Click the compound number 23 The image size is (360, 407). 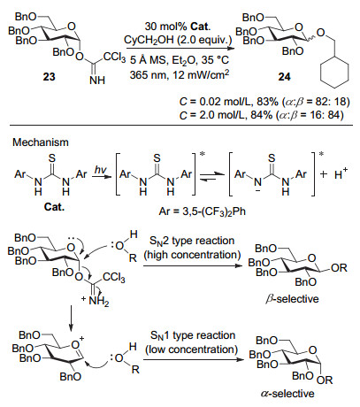[x=50, y=77]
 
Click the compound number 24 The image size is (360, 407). [x=284, y=77]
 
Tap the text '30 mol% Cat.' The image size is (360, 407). [x=178, y=27]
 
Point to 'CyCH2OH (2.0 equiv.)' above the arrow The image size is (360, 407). [x=178, y=40]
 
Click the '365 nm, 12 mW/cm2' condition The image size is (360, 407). [x=180, y=74]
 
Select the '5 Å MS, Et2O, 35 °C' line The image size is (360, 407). [x=180, y=60]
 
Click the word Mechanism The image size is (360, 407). [x=41, y=142]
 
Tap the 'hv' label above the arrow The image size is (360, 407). [x=100, y=169]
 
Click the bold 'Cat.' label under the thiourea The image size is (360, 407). [x=54, y=207]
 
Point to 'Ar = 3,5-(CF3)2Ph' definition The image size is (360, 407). [x=202, y=211]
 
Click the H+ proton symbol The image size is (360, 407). [x=341, y=173]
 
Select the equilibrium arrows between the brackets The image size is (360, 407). [x=212, y=177]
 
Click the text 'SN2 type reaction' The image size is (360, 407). [x=192, y=241]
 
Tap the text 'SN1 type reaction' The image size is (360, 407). [x=193, y=335]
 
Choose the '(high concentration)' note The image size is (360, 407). [x=192, y=255]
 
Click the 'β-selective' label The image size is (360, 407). [x=292, y=299]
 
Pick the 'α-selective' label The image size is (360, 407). [x=287, y=394]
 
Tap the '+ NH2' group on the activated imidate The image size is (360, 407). [x=96, y=301]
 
